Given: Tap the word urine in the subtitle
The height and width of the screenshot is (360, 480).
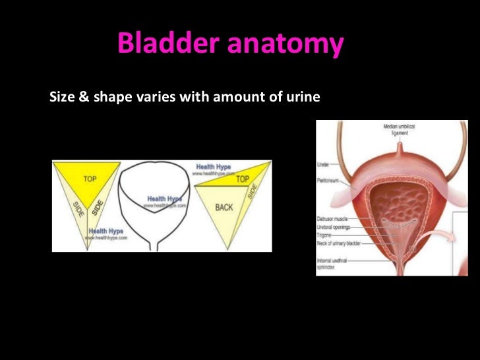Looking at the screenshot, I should tap(304, 98).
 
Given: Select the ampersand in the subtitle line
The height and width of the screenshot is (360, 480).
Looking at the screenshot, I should tap(82, 98).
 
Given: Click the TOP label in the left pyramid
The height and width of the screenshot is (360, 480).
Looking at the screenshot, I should tap(90, 179).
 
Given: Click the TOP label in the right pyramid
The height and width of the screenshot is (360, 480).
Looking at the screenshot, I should tap(242, 179).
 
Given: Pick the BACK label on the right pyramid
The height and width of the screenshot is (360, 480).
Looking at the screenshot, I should tap(224, 207).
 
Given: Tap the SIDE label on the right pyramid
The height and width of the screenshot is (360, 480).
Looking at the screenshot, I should tap(251, 192).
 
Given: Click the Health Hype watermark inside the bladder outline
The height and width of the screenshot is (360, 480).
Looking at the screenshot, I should tap(164, 199).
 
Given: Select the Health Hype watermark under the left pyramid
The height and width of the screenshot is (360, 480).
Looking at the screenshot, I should tap(107, 231).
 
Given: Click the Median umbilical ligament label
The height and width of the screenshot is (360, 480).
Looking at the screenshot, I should tap(398, 129).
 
